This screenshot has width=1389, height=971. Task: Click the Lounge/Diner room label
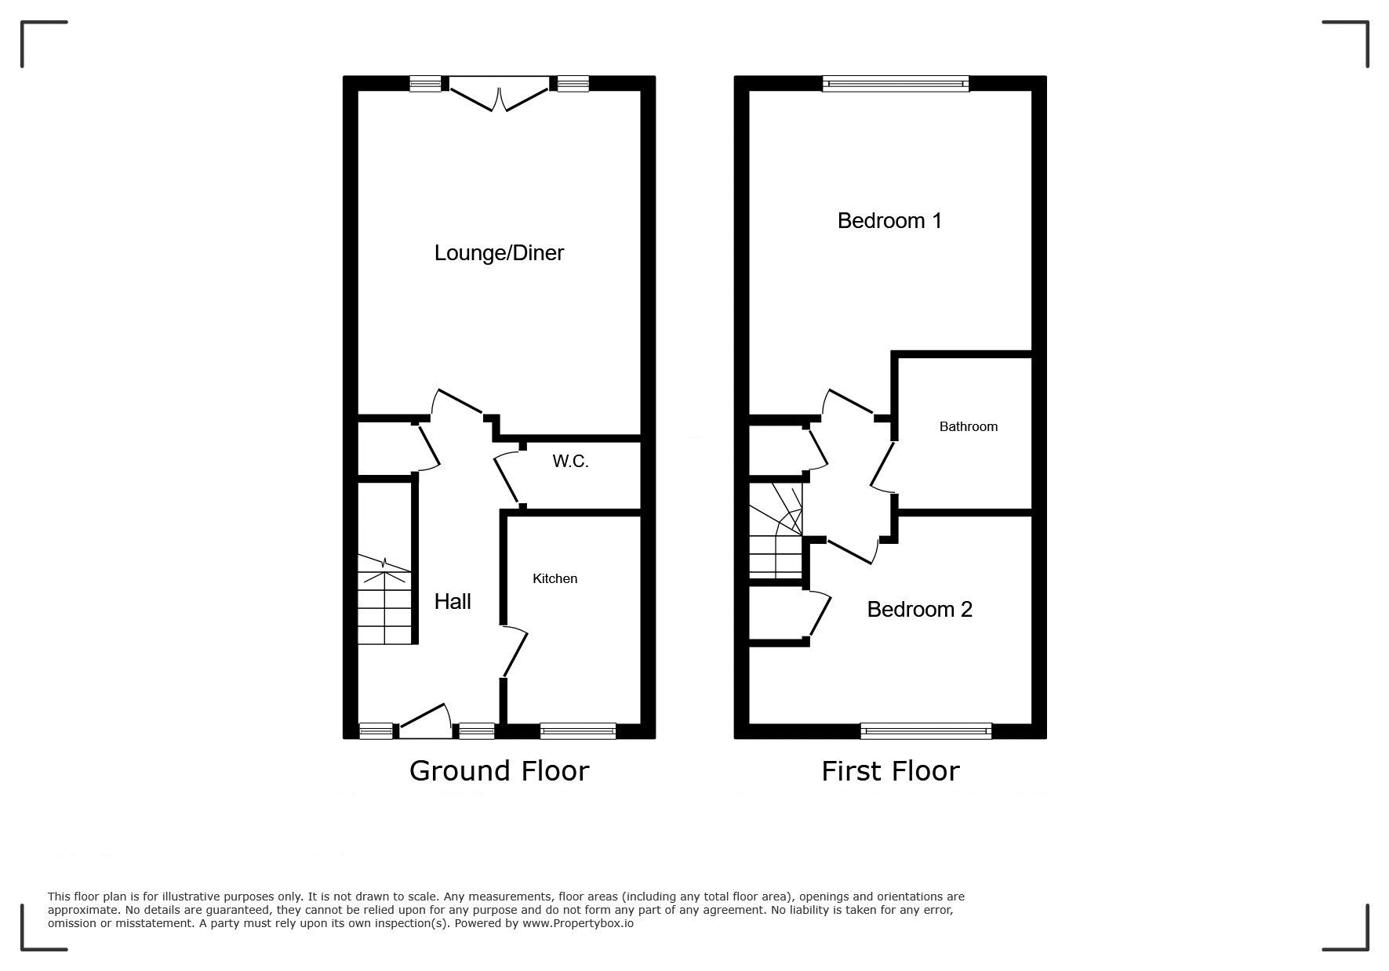coord(499,253)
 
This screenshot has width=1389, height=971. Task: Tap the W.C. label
coord(570,462)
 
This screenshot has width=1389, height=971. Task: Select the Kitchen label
coord(555,578)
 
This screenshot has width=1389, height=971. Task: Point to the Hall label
coord(453,601)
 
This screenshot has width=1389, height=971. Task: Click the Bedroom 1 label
coord(889,220)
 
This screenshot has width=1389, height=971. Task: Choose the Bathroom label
coord(969,426)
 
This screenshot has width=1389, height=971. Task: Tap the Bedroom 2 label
coord(919,609)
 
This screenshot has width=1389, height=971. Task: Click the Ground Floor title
coord(499,771)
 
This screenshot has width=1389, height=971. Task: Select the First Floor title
coord(890,771)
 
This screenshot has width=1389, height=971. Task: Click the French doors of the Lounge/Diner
coord(499,92)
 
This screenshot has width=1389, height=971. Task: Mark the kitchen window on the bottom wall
coord(578,730)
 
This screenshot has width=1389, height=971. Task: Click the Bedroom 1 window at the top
coord(896,84)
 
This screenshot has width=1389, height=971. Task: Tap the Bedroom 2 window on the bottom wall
coord(926,730)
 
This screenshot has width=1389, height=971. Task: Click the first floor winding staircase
coord(776,531)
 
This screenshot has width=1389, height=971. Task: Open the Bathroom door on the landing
coord(882,467)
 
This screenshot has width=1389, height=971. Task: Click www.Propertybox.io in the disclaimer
coord(578,923)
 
